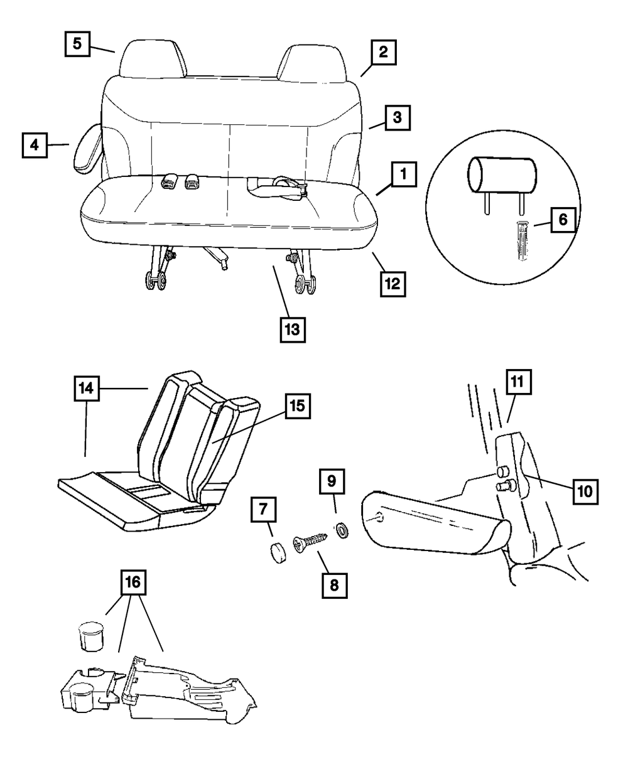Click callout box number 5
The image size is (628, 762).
click(77, 44)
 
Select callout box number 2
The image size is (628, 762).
click(382, 54)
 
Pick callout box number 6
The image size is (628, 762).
click(563, 220)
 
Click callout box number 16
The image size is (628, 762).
click(133, 584)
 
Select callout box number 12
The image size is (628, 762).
click(392, 283)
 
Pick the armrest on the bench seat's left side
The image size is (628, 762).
click(86, 148)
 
